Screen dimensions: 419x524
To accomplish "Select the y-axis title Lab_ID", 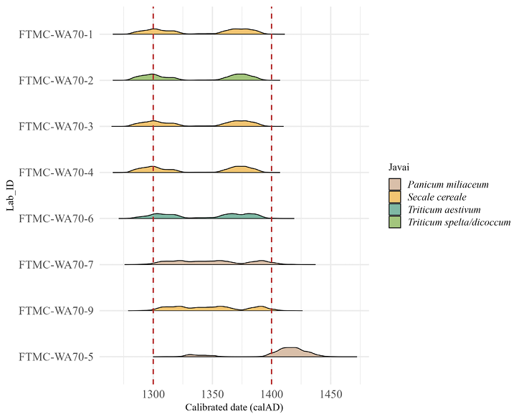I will coord(10,196).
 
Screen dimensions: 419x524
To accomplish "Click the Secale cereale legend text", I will coord(437,197).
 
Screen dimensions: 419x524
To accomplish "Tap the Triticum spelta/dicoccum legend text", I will coord(459,222).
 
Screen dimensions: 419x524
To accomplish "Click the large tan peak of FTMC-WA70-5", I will coord(291,352).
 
